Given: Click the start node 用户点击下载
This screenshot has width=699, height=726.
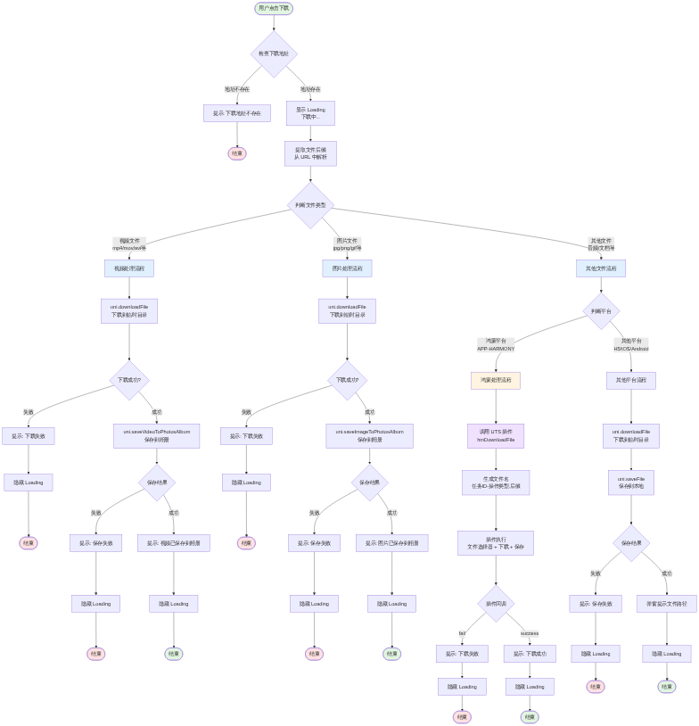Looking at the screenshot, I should pyautogui.click(x=274, y=8).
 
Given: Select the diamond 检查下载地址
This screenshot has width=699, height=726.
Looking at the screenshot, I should pyautogui.click(x=274, y=54).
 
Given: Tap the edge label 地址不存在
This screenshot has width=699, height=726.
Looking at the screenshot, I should pyautogui.click(x=237, y=89).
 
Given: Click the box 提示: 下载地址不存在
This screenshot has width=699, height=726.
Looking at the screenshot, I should pyautogui.click(x=237, y=113).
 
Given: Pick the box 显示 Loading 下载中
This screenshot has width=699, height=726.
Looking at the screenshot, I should pyautogui.click(x=310, y=113).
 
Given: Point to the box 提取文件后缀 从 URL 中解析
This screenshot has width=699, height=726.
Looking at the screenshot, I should pyautogui.click(x=310, y=154).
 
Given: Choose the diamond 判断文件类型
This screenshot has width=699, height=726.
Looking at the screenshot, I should pyautogui.click(x=310, y=205).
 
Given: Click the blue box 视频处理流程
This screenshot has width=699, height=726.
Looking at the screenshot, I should pyautogui.click(x=129, y=268).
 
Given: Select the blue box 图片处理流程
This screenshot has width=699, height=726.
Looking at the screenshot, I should pyautogui.click(x=347, y=268).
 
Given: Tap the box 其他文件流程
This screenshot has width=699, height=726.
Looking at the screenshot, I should pyautogui.click(x=601, y=268).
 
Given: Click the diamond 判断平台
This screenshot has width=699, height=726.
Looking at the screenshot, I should pyautogui.click(x=601, y=311).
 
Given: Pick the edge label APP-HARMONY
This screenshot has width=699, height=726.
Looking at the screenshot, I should pyautogui.click(x=496, y=349).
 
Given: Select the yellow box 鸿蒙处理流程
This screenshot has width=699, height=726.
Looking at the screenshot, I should pyautogui.click(x=496, y=380).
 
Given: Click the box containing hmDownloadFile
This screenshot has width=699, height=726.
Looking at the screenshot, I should pyautogui.click(x=496, y=436).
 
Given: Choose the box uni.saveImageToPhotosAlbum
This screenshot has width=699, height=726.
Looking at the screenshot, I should pyautogui.click(x=369, y=435).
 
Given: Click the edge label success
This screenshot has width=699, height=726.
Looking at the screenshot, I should pyautogui.click(x=530, y=633).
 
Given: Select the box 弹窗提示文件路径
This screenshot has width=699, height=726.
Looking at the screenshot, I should pyautogui.click(x=667, y=604).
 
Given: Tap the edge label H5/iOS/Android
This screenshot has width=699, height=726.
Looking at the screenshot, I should pyautogui.click(x=631, y=349).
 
